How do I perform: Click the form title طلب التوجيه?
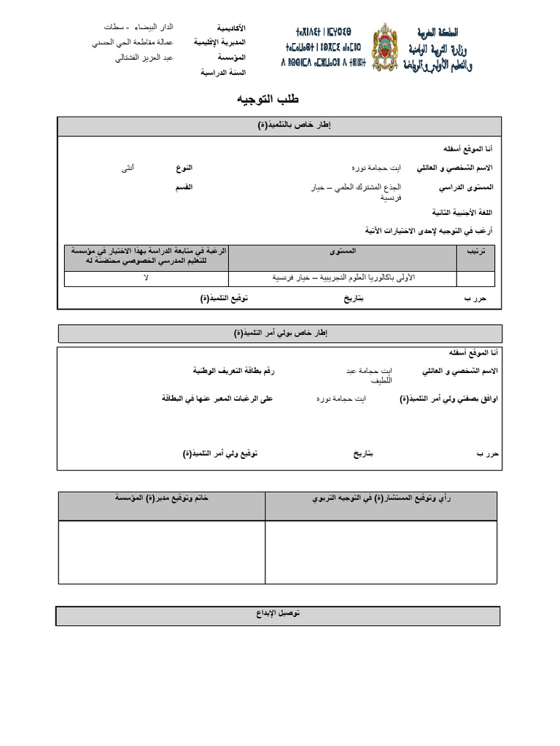268,98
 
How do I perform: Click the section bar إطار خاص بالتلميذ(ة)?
280,126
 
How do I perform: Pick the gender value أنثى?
128,168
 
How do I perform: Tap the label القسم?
183,187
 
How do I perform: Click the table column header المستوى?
343,251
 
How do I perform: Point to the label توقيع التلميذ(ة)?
223,299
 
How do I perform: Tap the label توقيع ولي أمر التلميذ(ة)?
220,454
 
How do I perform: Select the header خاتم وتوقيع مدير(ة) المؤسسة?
161,499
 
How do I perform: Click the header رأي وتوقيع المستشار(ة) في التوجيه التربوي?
381,499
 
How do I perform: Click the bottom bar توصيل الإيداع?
278,615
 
